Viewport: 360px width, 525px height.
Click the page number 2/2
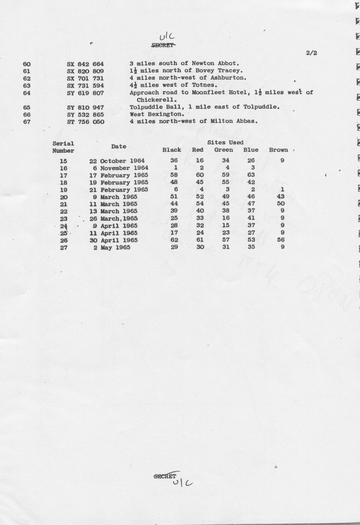pyautogui.click(x=312, y=53)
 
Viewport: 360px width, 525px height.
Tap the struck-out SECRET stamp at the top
pyautogui.click(x=163, y=45)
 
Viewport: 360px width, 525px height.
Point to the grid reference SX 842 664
pyautogui.click(x=85, y=64)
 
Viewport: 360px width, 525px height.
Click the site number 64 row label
pyautogui.click(x=27, y=93)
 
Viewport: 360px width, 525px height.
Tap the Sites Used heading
pyautogui.click(x=225, y=142)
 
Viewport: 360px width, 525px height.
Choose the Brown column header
pyautogui.click(x=278, y=150)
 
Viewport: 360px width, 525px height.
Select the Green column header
pyautogui.click(x=224, y=150)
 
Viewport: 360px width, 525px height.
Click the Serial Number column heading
pyautogui.click(x=63, y=147)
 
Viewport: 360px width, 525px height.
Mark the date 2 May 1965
pyautogui.click(x=112, y=247)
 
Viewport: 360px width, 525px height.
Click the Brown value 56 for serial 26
pyautogui.click(x=281, y=240)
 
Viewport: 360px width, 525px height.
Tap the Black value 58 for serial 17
pyautogui.click(x=174, y=175)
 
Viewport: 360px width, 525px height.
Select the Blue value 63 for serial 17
pyautogui.click(x=251, y=175)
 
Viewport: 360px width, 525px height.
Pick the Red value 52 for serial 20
pyautogui.click(x=200, y=197)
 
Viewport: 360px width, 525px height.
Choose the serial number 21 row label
pyautogui.click(x=64, y=204)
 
